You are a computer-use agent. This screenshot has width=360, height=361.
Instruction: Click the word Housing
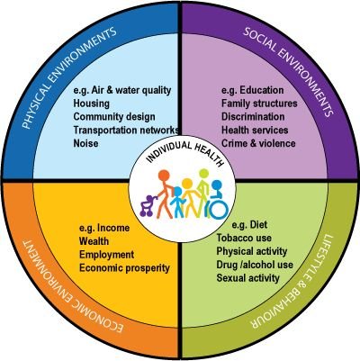click(92, 104)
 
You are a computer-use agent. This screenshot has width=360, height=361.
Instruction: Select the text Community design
click(114, 117)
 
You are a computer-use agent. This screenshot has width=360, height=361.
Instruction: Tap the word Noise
click(85, 143)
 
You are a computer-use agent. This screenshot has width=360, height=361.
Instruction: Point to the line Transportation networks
click(126, 130)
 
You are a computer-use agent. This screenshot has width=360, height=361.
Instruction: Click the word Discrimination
click(253, 117)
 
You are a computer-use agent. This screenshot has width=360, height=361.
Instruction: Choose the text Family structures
click(259, 104)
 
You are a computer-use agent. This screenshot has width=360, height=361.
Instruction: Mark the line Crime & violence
click(258, 143)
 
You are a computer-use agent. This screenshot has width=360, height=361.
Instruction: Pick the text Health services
click(255, 130)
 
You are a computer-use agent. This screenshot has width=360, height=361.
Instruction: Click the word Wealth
click(94, 241)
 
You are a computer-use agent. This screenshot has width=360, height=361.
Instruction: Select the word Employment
click(106, 255)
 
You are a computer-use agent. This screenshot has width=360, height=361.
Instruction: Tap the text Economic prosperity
click(124, 268)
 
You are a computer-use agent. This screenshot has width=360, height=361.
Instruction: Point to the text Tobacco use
click(244, 238)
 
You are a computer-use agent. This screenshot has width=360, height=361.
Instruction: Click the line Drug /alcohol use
click(255, 265)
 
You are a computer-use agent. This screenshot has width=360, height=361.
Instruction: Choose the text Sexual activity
click(247, 278)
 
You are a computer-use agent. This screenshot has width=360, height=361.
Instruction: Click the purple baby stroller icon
click(148, 206)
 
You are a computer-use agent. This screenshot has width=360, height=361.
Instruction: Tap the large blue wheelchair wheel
click(219, 208)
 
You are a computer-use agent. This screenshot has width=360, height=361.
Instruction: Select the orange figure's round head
click(164, 176)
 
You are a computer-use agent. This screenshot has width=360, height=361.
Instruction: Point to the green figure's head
click(204, 173)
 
